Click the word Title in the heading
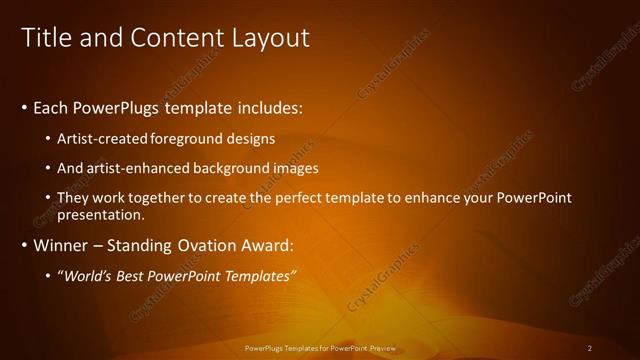43,38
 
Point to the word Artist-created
99,138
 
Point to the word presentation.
101,214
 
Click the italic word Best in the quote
134,276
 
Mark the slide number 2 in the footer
590,348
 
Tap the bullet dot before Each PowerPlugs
24,107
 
